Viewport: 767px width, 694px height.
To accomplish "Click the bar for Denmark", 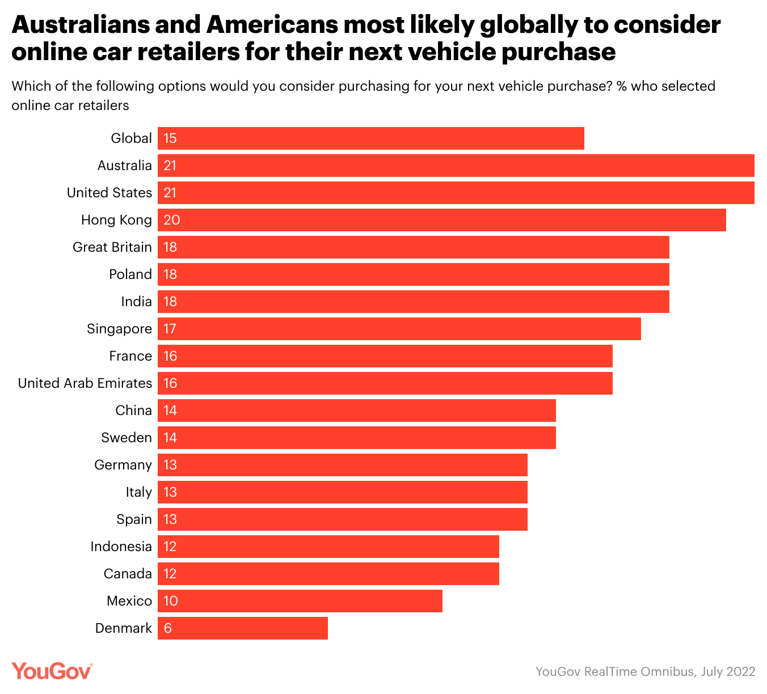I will click(243, 628).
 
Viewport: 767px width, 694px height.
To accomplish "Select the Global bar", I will click(371, 138).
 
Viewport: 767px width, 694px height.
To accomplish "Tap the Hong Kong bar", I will click(442, 220).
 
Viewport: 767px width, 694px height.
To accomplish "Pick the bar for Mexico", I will click(300, 601).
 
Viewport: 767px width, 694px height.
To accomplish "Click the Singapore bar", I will click(399, 329).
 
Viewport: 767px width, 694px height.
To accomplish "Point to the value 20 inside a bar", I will click(171, 220).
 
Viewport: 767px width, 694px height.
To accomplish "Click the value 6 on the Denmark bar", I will click(167, 628).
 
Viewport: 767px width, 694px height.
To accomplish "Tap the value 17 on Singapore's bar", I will click(170, 329).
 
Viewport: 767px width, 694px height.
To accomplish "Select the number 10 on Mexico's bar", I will click(171, 601).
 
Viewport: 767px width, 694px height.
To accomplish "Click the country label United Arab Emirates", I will click(85, 383).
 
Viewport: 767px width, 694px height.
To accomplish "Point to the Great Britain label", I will click(112, 247).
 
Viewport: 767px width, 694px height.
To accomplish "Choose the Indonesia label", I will click(121, 547).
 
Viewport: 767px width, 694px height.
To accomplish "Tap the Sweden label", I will click(127, 438).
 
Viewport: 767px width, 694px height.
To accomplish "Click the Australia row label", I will click(125, 166).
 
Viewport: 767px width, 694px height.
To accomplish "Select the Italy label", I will click(139, 492).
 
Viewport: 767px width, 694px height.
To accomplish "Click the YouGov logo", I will click(52, 671).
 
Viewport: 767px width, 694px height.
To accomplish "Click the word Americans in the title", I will click(271, 25).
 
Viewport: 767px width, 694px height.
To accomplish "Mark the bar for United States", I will click(456, 193).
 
